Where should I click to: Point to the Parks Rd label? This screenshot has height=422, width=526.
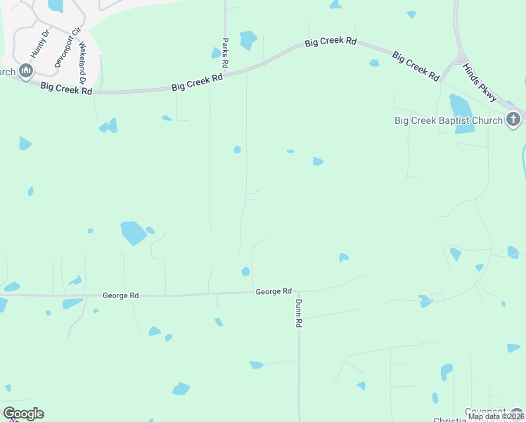click(x=225, y=53)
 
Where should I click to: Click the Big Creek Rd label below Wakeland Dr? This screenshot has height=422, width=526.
click(x=66, y=88)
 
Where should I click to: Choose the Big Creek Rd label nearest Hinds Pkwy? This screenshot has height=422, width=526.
click(x=416, y=65)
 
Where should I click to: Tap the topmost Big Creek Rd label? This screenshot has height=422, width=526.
click(x=331, y=41)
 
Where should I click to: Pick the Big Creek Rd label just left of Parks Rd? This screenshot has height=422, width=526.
click(x=197, y=82)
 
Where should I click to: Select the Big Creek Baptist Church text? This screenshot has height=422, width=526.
click(x=448, y=120)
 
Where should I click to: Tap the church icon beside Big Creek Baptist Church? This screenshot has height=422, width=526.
click(x=514, y=120)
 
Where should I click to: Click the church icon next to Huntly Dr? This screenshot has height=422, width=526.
click(x=27, y=71)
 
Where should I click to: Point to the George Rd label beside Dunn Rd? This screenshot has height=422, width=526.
click(x=274, y=291)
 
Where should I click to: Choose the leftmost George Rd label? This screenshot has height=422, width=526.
click(x=120, y=296)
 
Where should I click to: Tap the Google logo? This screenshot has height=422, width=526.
click(x=23, y=414)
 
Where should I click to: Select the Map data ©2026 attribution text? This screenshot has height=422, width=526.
click(x=496, y=416)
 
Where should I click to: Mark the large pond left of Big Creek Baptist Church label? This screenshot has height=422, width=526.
click(x=460, y=105)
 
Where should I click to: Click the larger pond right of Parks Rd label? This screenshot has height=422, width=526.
click(x=248, y=40)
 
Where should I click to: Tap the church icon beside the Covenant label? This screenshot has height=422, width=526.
click(x=518, y=414)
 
